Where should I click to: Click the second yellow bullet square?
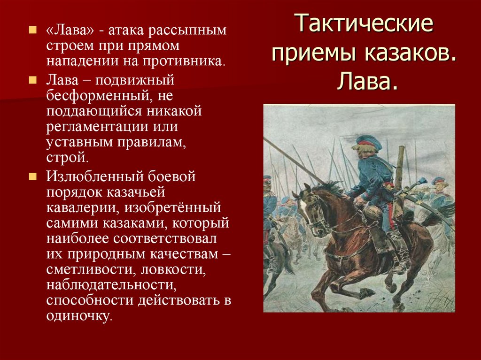pos(32,79)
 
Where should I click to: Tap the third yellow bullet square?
pos(32,177)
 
